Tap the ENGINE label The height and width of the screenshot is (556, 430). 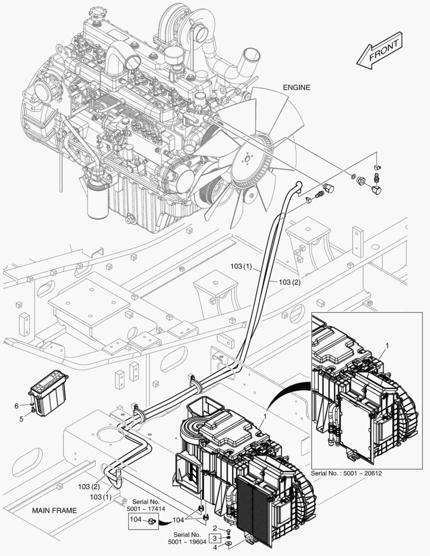point(297,88)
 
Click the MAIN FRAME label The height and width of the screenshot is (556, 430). point(54,511)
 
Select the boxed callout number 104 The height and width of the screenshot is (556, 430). point(135,520)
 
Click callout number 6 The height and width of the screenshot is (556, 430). point(16,406)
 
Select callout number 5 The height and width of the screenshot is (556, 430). point(22,419)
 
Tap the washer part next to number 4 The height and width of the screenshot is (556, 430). point(228,544)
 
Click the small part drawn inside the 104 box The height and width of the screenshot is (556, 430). point(152,522)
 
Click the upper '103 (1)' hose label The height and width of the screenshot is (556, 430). point(242,267)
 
